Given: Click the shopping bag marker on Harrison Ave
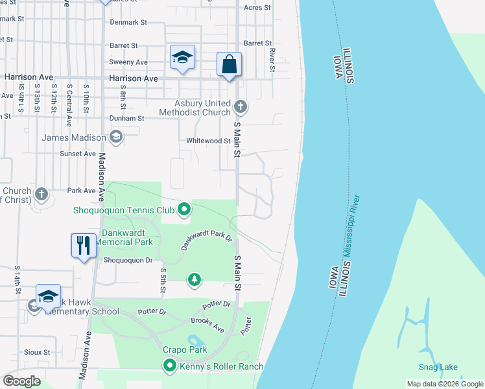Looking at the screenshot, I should (x=229, y=65).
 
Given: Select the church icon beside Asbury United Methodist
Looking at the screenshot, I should (x=241, y=106).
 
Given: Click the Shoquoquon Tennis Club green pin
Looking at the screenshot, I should (x=184, y=209).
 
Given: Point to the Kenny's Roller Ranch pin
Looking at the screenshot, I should (x=170, y=366).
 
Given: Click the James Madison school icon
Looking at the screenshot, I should (x=115, y=137).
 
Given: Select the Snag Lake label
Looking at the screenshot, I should (x=437, y=368).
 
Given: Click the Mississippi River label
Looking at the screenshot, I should (x=354, y=227).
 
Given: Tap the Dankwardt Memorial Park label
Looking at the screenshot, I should (x=124, y=237).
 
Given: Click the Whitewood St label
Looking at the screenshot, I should (x=208, y=141).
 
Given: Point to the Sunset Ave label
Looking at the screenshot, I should (x=78, y=154).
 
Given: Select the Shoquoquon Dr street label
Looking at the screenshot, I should (x=128, y=260).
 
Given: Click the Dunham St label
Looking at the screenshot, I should (x=126, y=119).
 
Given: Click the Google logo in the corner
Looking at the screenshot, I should (x=21, y=381).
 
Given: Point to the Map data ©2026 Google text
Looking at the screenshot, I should (x=444, y=384).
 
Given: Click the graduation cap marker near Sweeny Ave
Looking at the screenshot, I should (x=183, y=58).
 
